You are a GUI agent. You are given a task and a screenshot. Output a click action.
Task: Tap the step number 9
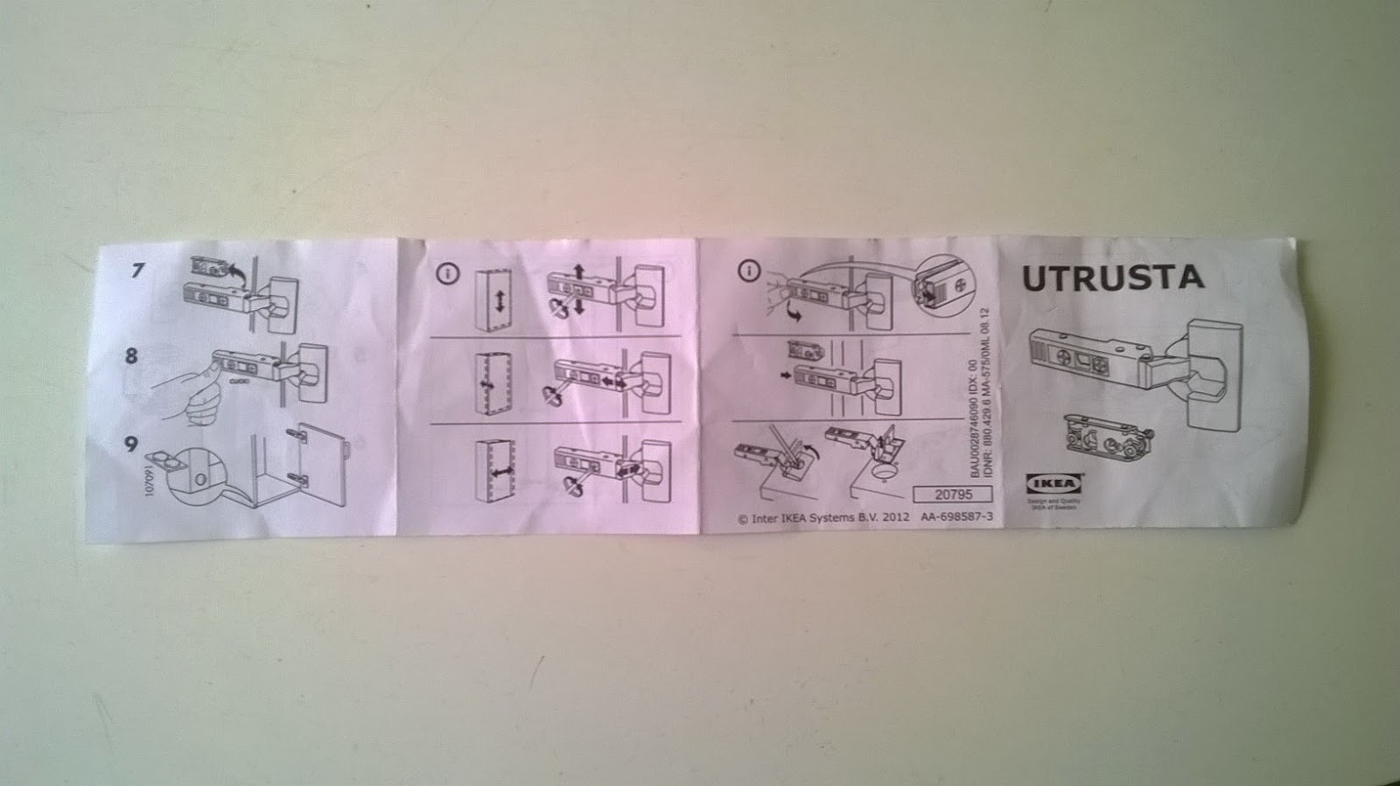(131, 443)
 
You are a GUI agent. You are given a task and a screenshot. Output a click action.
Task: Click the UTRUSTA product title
(1113, 277)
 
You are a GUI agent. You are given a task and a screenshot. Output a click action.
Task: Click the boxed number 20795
(952, 495)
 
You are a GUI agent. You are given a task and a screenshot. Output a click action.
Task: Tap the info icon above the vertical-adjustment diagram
(448, 274)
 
